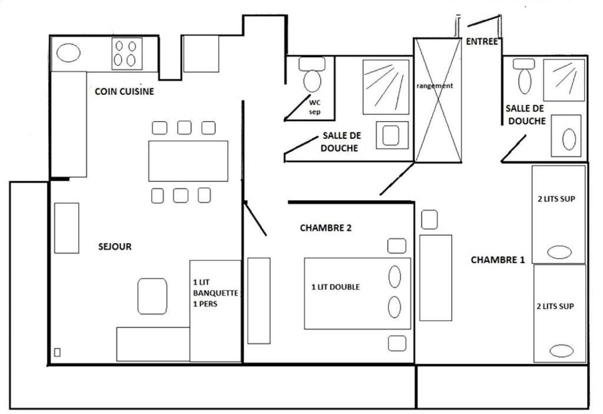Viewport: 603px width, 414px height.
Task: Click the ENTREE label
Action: click(482, 41)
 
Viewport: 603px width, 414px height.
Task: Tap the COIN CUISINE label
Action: click(124, 91)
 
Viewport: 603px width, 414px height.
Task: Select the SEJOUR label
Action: click(115, 247)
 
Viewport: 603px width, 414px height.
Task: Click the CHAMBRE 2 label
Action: click(326, 228)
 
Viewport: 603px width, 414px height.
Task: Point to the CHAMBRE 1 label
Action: click(498, 260)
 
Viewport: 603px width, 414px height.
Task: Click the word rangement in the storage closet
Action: click(435, 86)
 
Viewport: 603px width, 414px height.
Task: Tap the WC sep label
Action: click(314, 107)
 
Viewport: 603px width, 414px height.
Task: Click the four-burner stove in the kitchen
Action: click(127, 54)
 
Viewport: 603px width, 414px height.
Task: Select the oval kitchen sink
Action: click(68, 53)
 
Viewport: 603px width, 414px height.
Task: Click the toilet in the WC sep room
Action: click(312, 75)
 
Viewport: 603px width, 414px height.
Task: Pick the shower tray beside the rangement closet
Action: click(386, 87)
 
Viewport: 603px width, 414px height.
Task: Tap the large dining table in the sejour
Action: click(188, 161)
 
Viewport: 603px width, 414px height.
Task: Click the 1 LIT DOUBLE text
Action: click(335, 287)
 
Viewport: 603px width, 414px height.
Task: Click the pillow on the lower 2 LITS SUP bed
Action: click(561, 351)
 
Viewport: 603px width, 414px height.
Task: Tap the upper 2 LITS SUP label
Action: click(556, 199)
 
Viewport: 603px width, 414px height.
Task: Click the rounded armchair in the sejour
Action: click(153, 296)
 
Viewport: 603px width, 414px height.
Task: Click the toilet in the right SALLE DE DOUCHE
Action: click(524, 77)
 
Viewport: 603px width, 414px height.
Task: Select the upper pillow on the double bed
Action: click(395, 277)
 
